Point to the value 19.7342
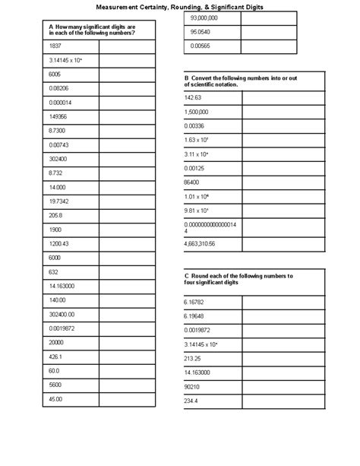click(58, 201)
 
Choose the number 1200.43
click(58, 243)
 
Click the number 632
click(53, 271)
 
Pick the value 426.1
click(55, 356)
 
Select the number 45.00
click(55, 398)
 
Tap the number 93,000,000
click(204, 17)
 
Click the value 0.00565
click(200, 46)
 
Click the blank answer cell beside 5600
click(126, 385)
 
